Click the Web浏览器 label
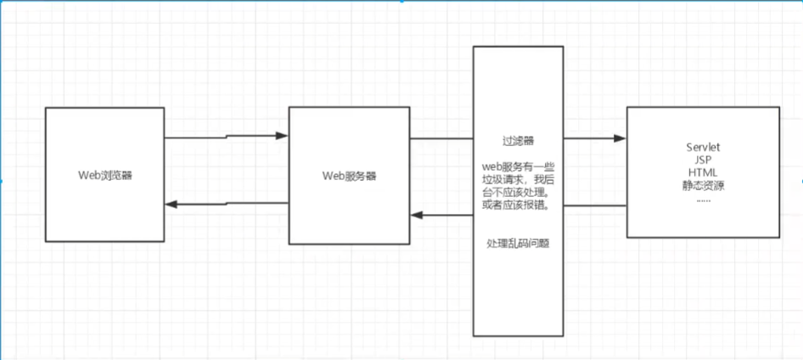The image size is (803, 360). pyautogui.click(x=105, y=176)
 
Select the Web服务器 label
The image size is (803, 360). pyautogui.click(x=349, y=177)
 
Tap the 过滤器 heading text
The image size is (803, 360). pyautogui.click(x=518, y=139)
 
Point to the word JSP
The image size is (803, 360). pyautogui.click(x=703, y=160)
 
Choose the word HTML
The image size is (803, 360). pyautogui.click(x=703, y=173)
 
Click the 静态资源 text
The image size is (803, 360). pyautogui.click(x=703, y=186)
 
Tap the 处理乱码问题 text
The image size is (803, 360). pyautogui.click(x=518, y=244)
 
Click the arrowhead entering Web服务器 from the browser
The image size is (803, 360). pyautogui.click(x=283, y=135)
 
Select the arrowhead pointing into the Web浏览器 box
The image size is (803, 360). pyautogui.click(x=171, y=204)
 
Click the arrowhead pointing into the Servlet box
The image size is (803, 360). pyautogui.click(x=620, y=138)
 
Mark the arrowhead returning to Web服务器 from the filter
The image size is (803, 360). pyautogui.click(x=417, y=215)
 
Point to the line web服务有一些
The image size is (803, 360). pyautogui.click(x=518, y=168)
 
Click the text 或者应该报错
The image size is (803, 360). pyautogui.click(x=516, y=205)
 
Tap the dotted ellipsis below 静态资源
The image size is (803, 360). pyautogui.click(x=703, y=199)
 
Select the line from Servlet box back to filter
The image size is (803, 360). pyautogui.click(x=594, y=205)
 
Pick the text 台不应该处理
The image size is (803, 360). pyautogui.click(x=518, y=193)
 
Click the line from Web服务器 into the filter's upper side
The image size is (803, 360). pyautogui.click(x=441, y=138)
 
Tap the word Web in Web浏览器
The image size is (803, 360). pyautogui.click(x=87, y=176)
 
